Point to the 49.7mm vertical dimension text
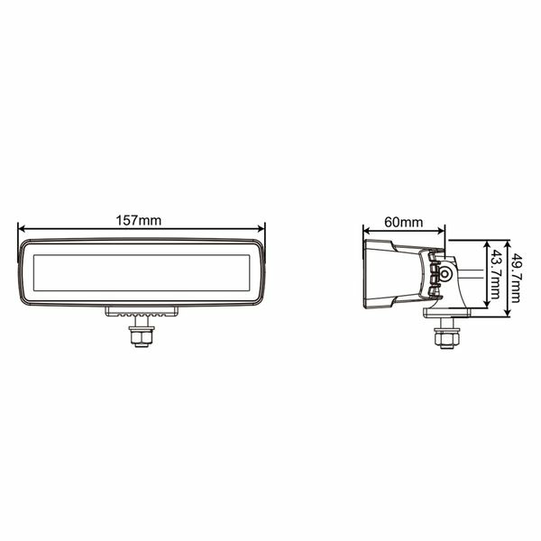[518, 277]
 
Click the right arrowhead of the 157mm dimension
[262, 228]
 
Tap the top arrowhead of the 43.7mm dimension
[487, 244]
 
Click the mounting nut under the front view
[141, 336]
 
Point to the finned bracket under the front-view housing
[142, 311]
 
